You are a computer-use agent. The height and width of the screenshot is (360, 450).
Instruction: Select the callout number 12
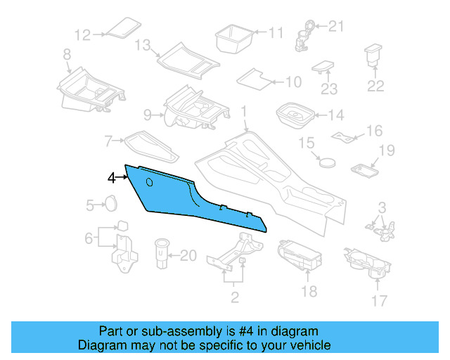pos(82,34)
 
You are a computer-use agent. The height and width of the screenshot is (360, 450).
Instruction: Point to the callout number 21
pos(337,27)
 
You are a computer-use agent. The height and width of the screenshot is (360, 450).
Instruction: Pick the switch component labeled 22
pos(372,57)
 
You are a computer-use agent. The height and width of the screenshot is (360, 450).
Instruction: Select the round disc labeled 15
pos(326,160)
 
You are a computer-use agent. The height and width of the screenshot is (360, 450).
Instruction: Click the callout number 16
pos(374,131)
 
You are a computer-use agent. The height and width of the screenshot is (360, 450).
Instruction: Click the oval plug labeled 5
pos(110,205)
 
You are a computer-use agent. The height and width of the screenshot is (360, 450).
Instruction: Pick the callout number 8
pos(66,54)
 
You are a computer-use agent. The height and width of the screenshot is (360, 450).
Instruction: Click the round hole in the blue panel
pos(149,182)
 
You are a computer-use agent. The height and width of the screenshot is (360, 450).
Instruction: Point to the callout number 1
pos(244,112)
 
